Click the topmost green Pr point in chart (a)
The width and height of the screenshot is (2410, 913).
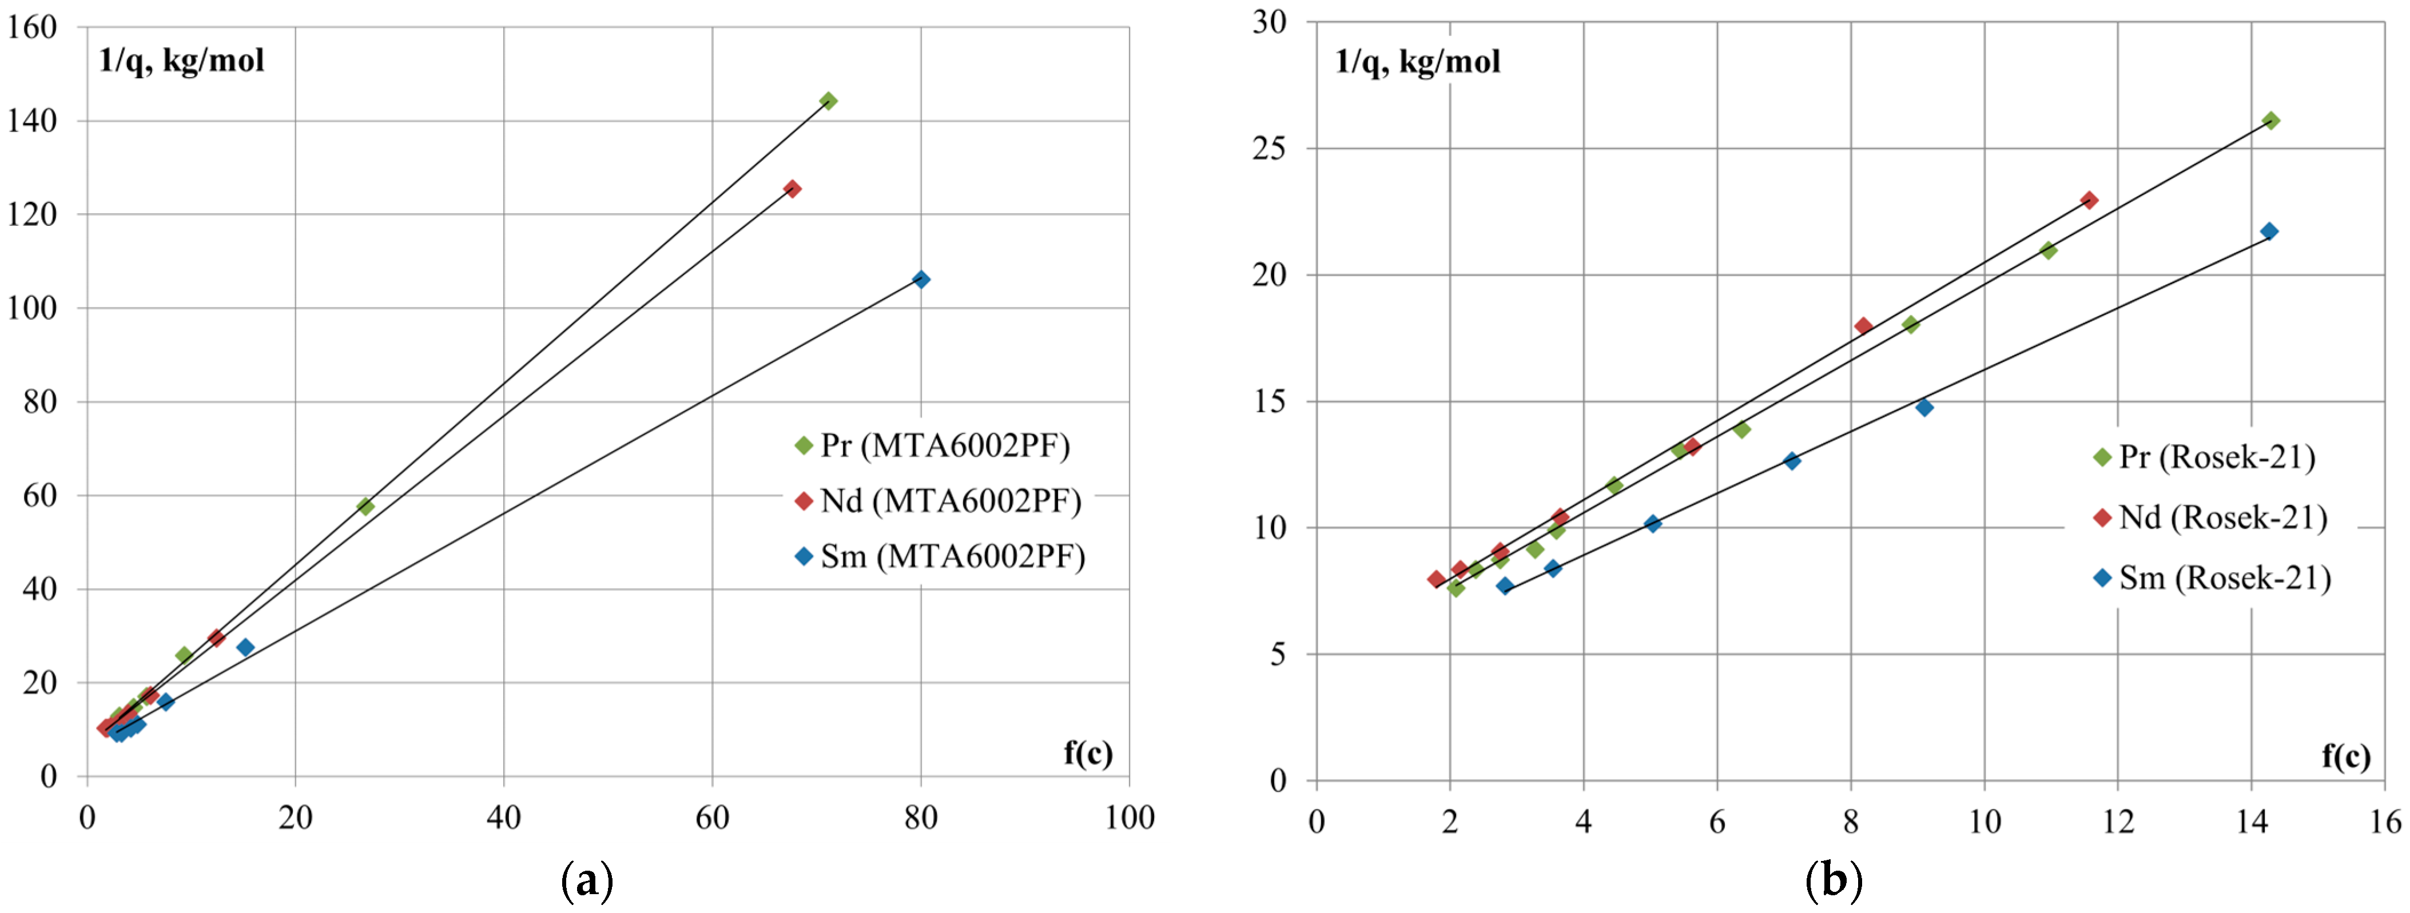pos(828,101)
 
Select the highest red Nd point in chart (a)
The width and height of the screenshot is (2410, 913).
pos(793,189)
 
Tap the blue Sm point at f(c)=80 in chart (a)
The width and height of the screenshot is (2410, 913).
pos(921,279)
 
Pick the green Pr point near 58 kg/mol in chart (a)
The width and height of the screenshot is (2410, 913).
pos(365,506)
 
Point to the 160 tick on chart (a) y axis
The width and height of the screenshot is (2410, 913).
pos(32,27)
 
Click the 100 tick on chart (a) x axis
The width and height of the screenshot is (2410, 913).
pos(1129,818)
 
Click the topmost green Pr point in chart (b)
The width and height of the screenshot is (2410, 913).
pos(2270,121)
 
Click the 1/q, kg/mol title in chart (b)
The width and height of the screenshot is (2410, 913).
pos(1417,62)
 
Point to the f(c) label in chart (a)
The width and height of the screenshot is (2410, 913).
pos(1088,752)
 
